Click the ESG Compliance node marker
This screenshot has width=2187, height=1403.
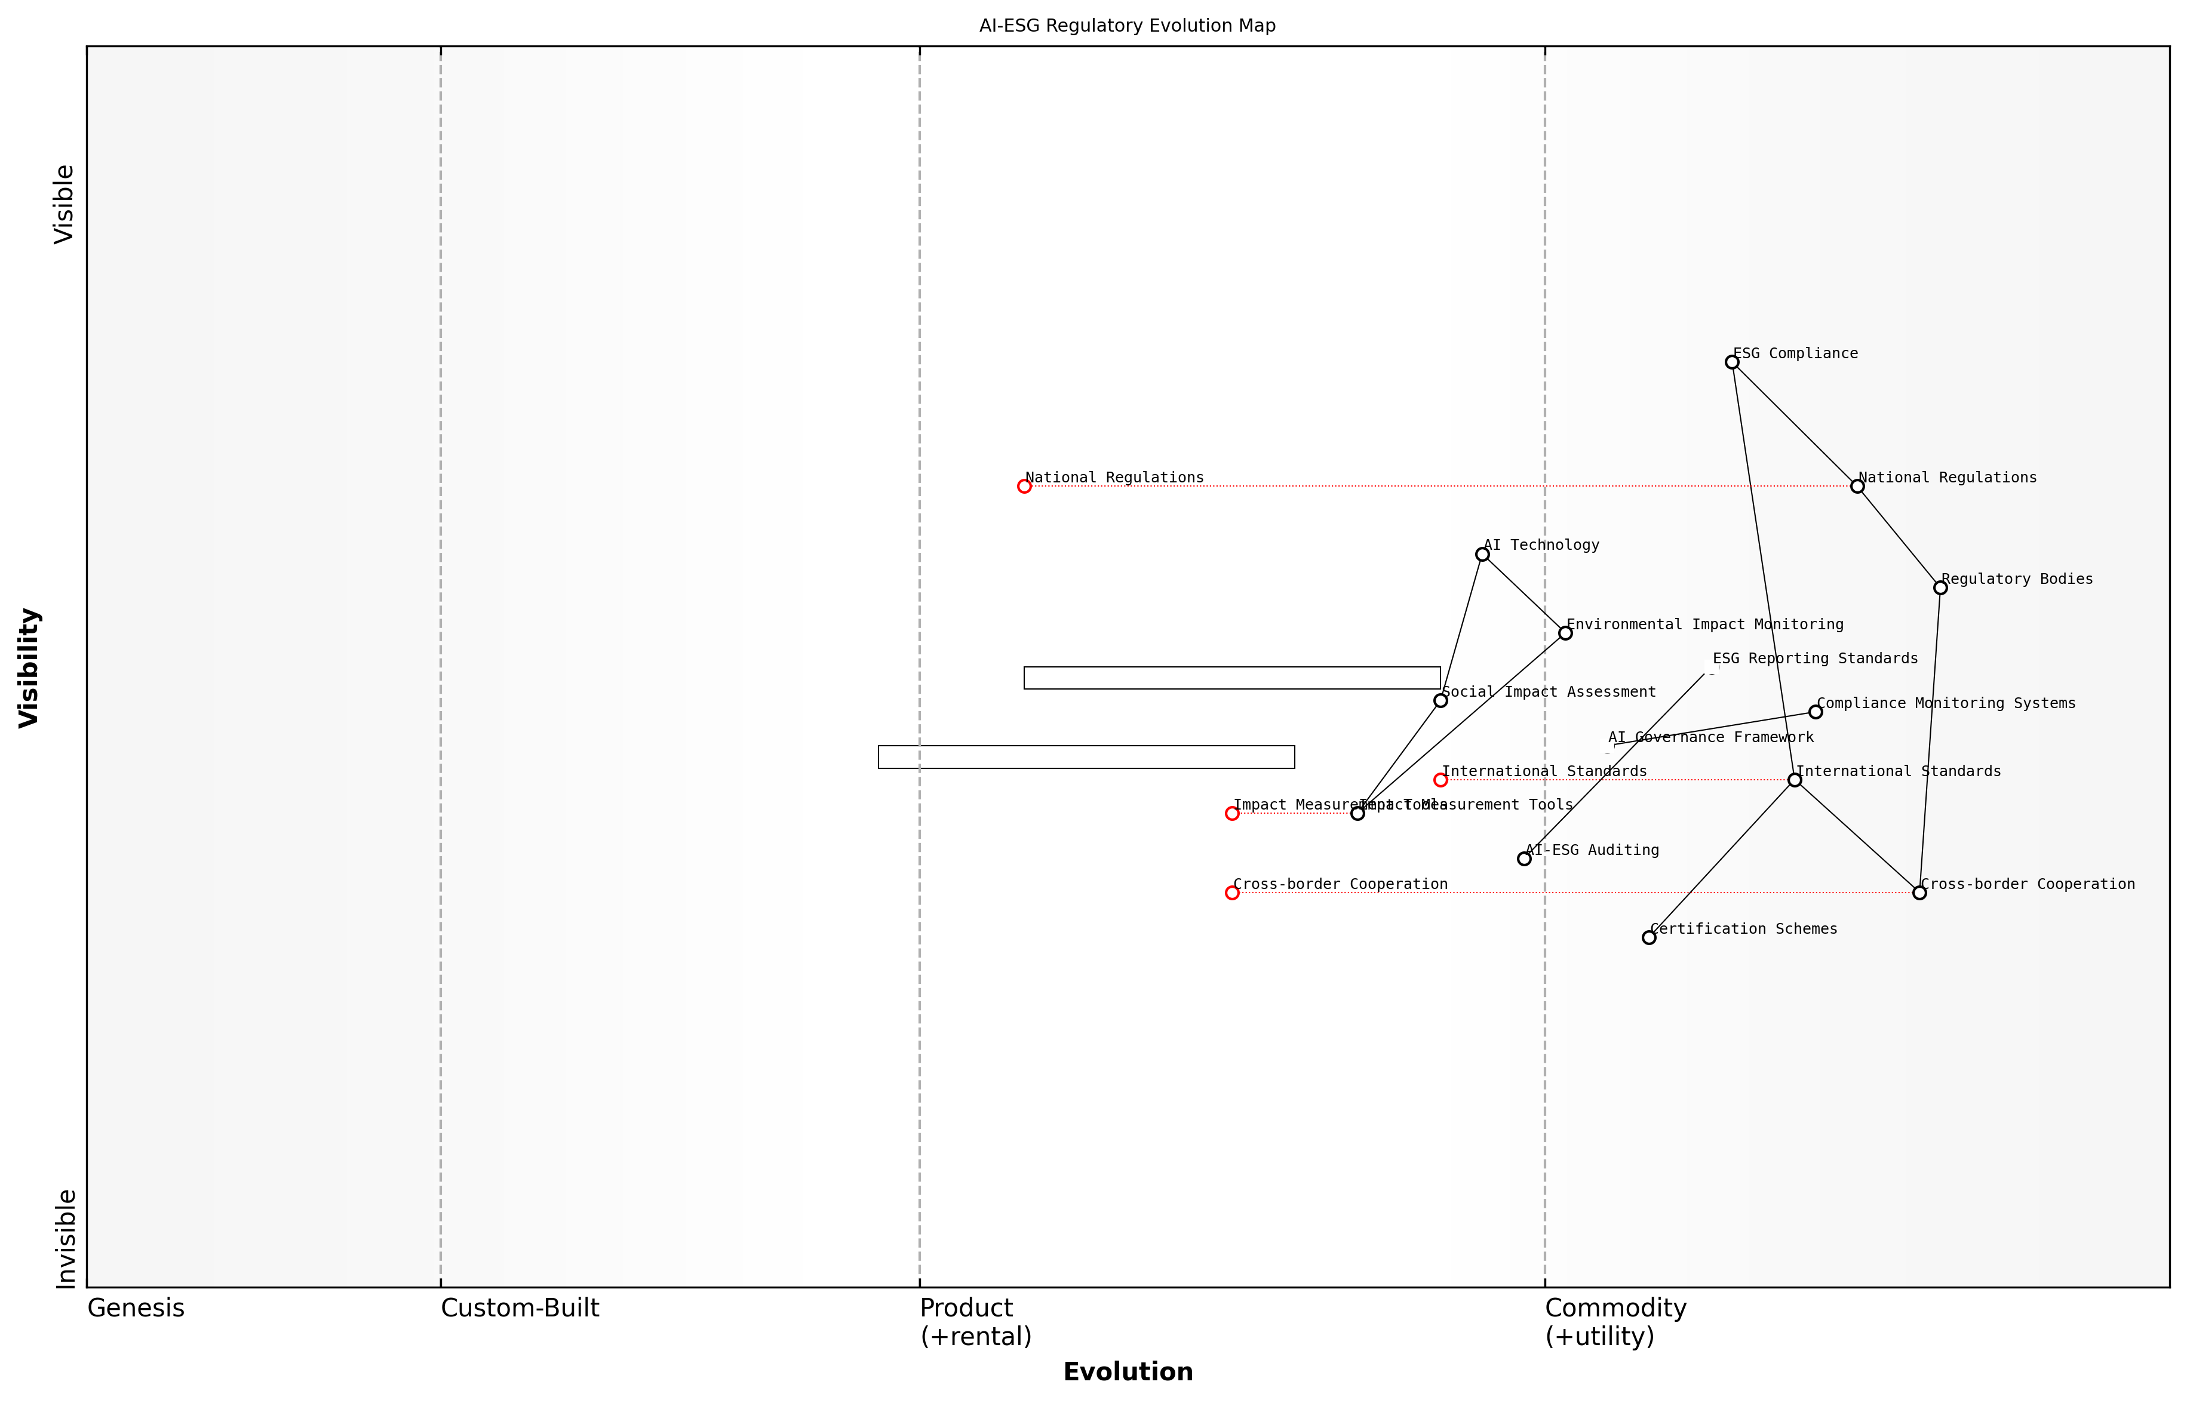1731,362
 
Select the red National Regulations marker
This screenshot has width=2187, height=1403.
1024,487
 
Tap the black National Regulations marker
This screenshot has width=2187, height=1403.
1857,487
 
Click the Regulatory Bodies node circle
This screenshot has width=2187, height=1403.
1940,587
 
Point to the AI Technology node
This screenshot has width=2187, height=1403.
1483,554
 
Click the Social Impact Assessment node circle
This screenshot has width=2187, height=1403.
1440,700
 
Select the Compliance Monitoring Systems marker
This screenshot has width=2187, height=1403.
1815,712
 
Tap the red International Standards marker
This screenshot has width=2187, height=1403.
1440,780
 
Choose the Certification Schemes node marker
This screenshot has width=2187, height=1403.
1648,937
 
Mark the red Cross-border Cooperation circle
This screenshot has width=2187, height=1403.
1232,893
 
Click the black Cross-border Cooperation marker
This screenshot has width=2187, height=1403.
1919,893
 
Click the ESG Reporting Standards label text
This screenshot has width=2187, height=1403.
1814,659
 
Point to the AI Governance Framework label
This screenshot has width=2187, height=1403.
1710,738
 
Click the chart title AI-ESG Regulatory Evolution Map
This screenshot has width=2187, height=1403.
1127,26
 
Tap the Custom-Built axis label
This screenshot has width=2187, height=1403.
520,1308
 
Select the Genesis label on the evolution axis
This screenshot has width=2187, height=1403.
136,1308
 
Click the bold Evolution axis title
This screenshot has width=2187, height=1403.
1127,1372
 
